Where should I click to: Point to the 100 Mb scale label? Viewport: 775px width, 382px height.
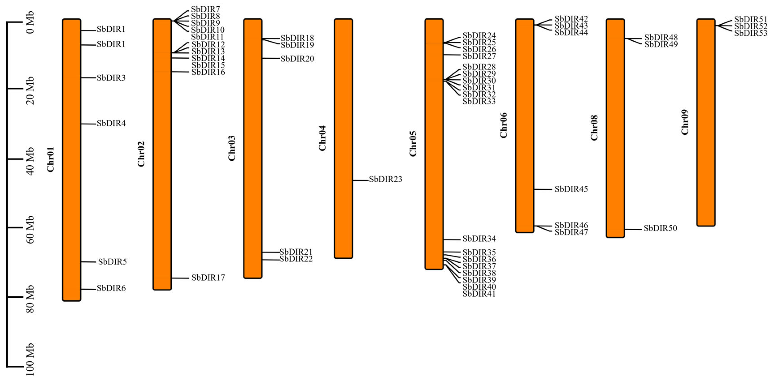point(30,359)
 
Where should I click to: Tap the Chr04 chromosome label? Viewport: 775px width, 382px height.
point(322,138)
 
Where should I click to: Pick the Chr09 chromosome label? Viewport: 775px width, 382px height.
point(685,122)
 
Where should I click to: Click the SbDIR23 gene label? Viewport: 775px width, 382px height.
point(385,179)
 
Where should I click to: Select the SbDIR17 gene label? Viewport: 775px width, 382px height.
point(208,278)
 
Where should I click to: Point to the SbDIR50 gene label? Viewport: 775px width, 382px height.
point(660,228)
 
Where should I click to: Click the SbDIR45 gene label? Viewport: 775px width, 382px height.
point(571,189)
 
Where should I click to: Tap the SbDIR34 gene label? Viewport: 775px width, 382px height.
point(479,239)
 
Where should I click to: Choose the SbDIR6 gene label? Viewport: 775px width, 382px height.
point(111,288)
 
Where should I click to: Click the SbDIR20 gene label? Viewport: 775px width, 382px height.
point(297,59)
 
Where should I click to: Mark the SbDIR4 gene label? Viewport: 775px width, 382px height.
point(111,124)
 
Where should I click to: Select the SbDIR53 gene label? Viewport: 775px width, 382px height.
point(751,33)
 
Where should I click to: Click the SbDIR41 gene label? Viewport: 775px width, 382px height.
point(479,294)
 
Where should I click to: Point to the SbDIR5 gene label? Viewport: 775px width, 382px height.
point(112,262)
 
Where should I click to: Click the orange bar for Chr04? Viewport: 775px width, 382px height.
point(343,138)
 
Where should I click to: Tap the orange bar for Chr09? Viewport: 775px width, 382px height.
point(706,122)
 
